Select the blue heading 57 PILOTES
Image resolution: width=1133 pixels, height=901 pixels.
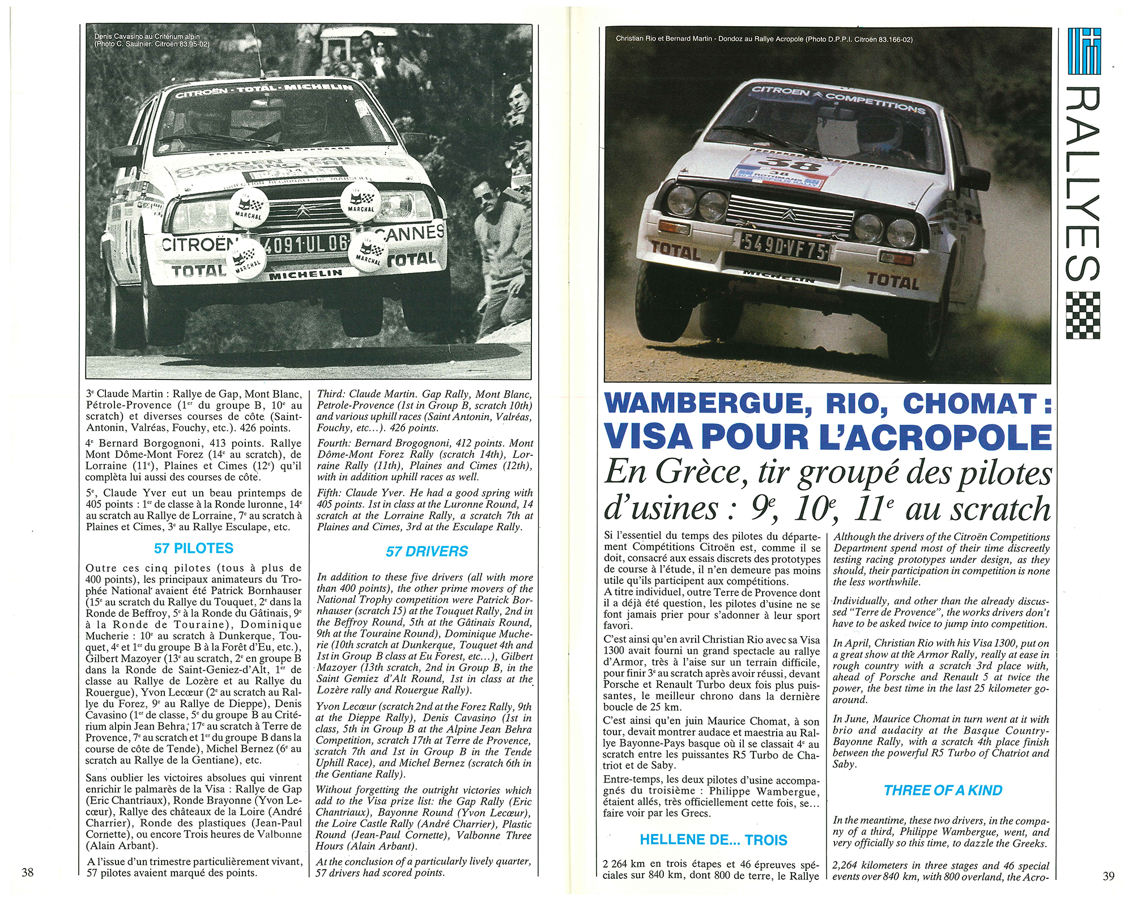pos(194,548)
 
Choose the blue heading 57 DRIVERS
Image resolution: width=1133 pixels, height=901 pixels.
pos(427,551)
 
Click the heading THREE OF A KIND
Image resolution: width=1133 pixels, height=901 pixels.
pos(943,790)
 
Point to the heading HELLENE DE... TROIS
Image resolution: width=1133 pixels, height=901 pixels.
pos(713,840)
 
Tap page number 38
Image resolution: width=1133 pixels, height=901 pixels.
pos(28,872)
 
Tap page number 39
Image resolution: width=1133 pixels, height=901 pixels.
pos(1109,875)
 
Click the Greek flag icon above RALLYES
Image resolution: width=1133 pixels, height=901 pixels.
pos(1084,51)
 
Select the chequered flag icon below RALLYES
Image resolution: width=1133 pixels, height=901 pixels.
pos(1083,315)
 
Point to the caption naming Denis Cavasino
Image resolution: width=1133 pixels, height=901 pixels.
pos(151,40)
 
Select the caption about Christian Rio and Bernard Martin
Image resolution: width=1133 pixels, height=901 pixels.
pos(764,39)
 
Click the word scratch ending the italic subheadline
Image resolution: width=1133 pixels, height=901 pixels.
pos(1000,509)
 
